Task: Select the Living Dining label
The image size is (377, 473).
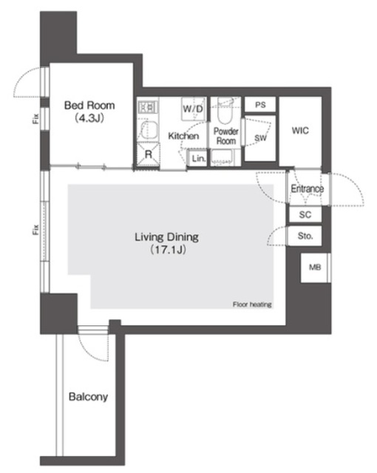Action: tap(167, 237)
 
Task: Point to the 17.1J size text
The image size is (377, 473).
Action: tap(167, 251)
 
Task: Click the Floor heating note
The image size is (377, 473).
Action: tap(252, 304)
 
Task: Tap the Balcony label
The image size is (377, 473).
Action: tap(88, 397)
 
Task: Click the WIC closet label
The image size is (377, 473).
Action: tap(299, 131)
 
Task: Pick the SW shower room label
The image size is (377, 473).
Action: tap(260, 138)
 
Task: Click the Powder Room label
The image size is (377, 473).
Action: tap(225, 135)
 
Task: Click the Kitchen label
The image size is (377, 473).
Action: tap(183, 137)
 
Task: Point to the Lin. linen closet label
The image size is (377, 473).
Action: tap(197, 158)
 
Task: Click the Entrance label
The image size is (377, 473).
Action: tap(306, 189)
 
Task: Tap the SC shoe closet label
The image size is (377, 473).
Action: tap(305, 214)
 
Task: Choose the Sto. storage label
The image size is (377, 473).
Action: tap(305, 236)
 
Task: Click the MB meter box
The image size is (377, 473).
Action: tap(314, 267)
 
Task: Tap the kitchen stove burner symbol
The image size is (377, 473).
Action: tap(147, 107)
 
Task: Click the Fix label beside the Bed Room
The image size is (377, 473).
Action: tap(35, 118)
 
